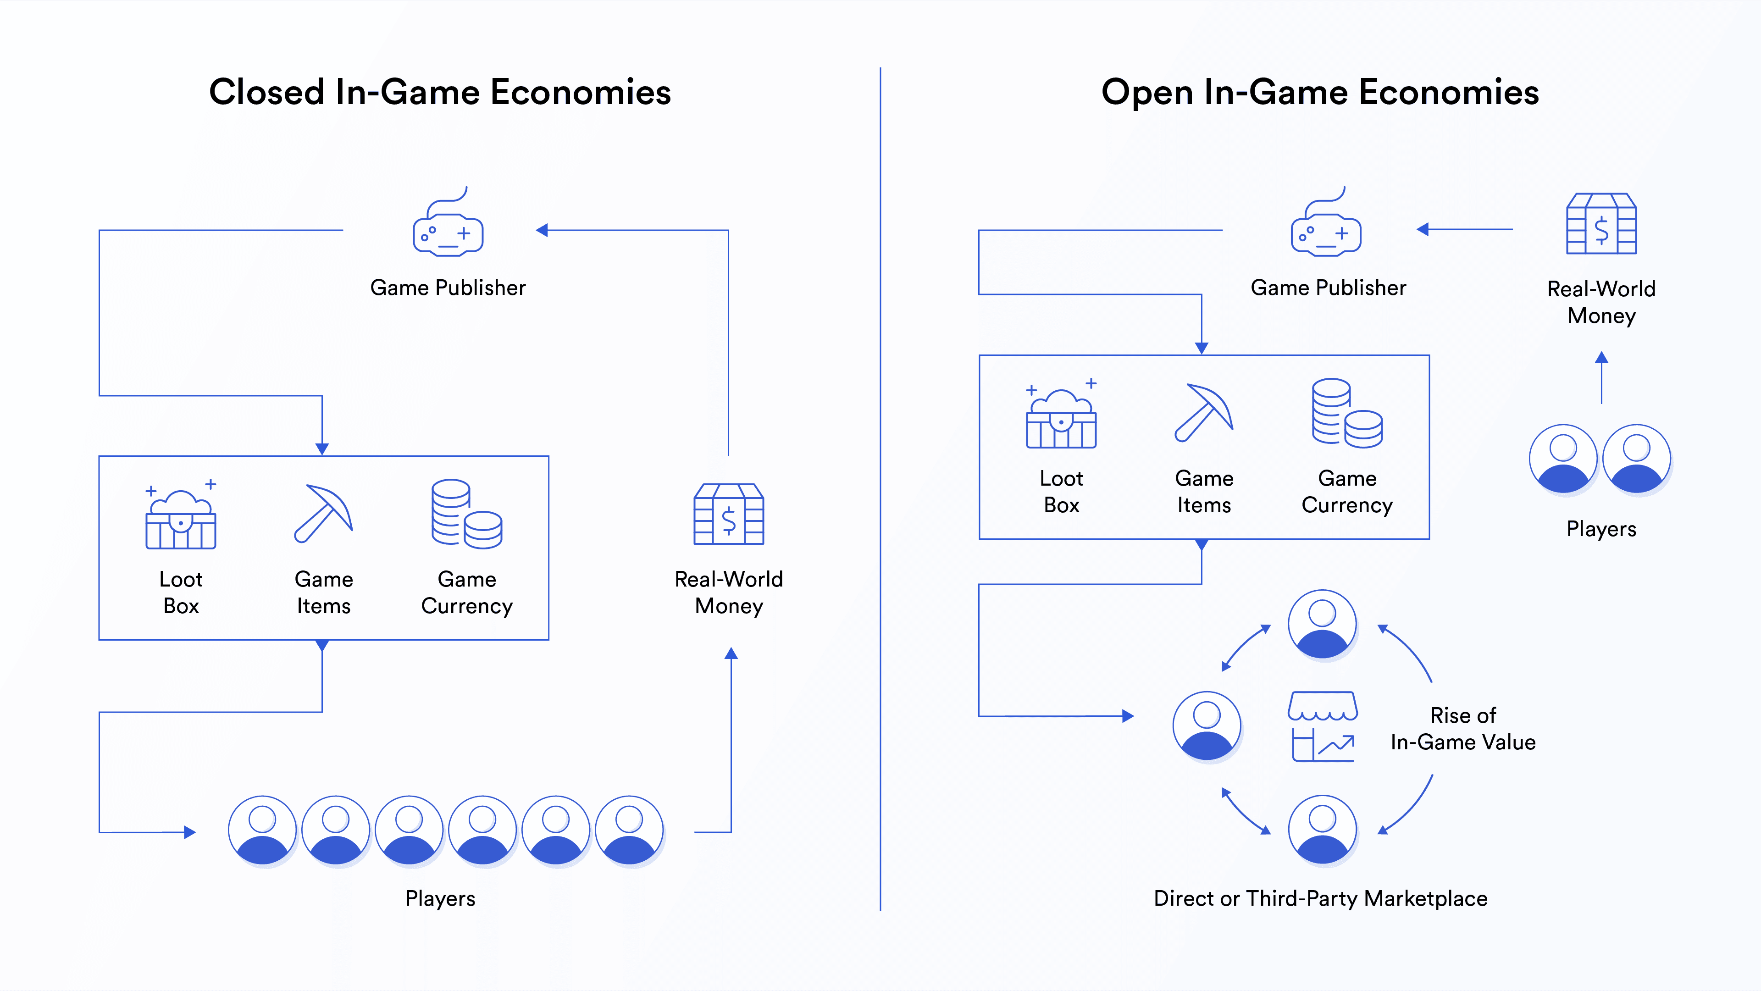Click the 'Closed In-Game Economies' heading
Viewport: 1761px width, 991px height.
pyautogui.click(x=440, y=92)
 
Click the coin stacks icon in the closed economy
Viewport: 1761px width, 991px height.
pyautogui.click(x=467, y=514)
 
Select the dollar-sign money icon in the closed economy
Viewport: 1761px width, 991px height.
pyautogui.click(x=729, y=514)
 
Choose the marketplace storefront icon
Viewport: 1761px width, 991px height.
pyautogui.click(x=1323, y=726)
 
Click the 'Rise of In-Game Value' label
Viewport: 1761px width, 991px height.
pyautogui.click(x=1463, y=729)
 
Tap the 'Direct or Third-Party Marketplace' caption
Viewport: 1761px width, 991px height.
pyautogui.click(x=1320, y=898)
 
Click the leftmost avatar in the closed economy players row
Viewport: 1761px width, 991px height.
pyautogui.click(x=262, y=830)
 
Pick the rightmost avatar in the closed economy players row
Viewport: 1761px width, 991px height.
pyautogui.click(x=629, y=830)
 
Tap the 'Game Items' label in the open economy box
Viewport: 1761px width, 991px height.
pyautogui.click(x=1204, y=492)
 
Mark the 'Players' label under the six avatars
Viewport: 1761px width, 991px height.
pyautogui.click(x=440, y=898)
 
